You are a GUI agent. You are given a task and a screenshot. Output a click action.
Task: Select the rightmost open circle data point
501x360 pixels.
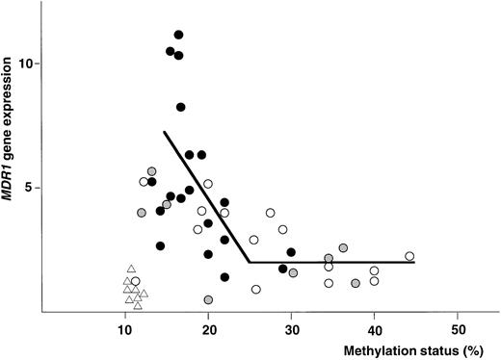[x=409, y=256]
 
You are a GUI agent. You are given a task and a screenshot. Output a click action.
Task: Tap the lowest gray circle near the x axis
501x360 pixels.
[x=208, y=300]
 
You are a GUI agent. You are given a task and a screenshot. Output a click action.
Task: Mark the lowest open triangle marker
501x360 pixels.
[x=138, y=306]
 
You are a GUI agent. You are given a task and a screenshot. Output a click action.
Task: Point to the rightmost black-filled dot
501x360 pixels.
[x=291, y=252]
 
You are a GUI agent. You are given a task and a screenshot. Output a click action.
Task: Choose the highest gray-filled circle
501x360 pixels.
[x=152, y=171]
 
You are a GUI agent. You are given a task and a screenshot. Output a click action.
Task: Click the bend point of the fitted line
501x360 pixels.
[x=250, y=262]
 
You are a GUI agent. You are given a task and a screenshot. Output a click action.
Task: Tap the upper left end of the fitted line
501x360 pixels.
[x=164, y=132]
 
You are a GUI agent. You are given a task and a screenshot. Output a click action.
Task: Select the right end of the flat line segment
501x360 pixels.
[x=414, y=262]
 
